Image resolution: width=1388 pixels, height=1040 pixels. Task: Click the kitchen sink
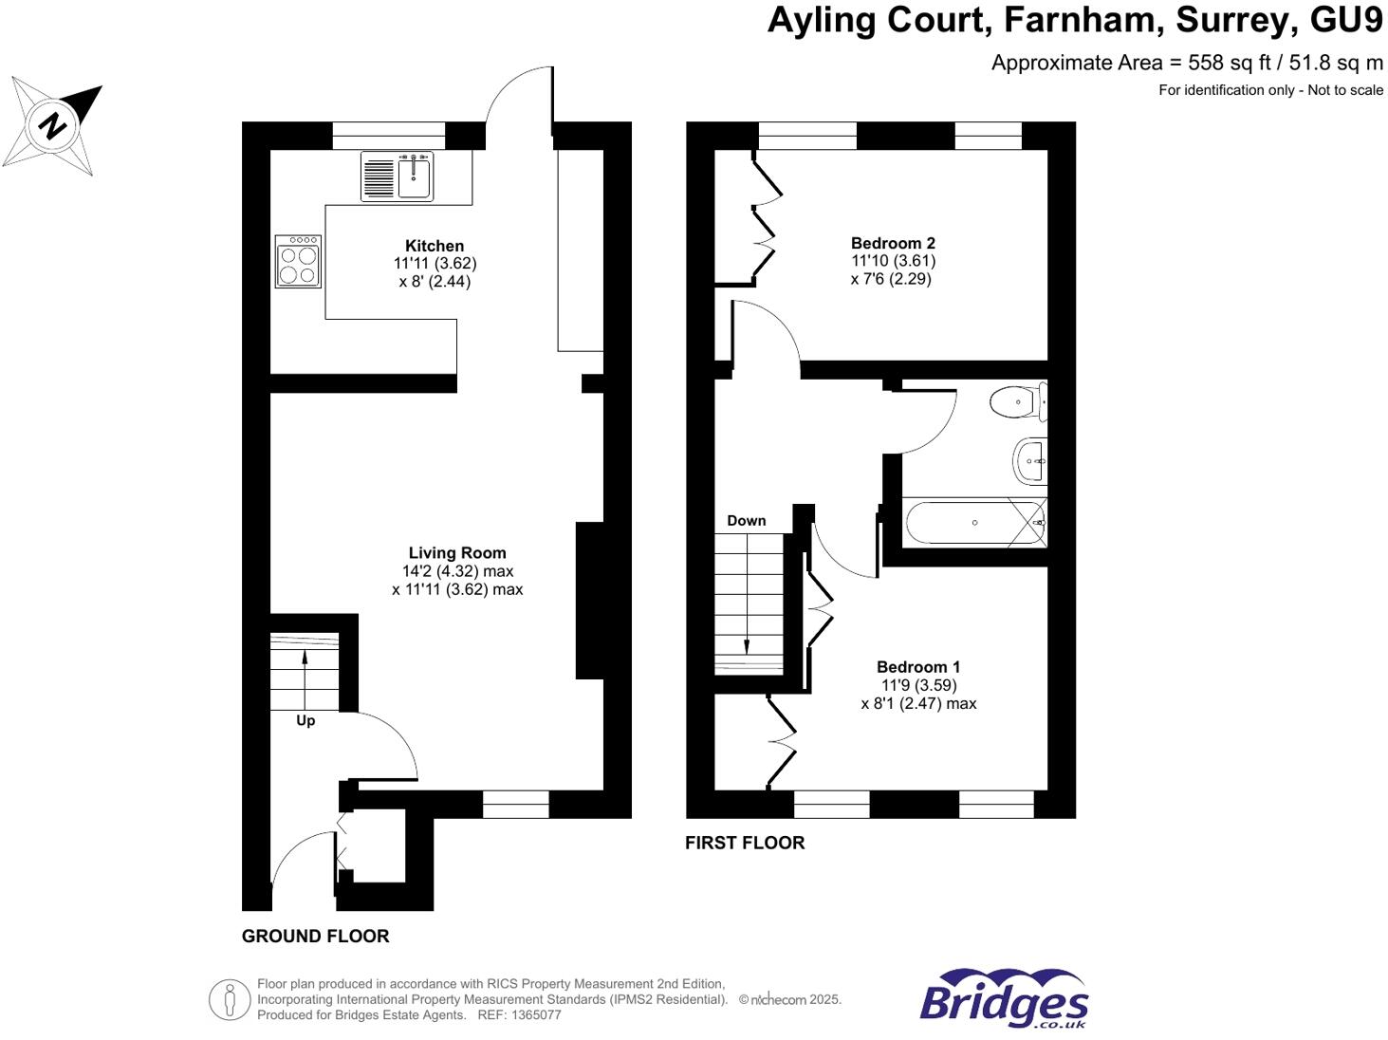point(415,176)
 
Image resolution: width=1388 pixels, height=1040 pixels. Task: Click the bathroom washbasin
point(1030,462)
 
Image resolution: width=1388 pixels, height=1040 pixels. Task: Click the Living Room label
point(457,553)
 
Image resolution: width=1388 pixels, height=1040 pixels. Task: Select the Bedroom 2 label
point(893,243)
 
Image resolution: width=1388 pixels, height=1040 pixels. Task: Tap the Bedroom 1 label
point(917,667)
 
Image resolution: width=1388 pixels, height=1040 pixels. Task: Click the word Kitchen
point(435,246)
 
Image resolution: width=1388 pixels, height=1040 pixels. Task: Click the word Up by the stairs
point(305,720)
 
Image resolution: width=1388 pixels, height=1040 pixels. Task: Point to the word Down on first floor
point(746,521)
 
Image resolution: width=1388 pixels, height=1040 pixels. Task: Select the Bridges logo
point(1004,999)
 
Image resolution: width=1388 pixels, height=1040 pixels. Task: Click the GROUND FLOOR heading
point(315,936)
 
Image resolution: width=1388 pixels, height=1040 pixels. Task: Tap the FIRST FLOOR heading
point(745,843)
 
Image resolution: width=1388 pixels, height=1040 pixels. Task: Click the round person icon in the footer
point(229,999)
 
